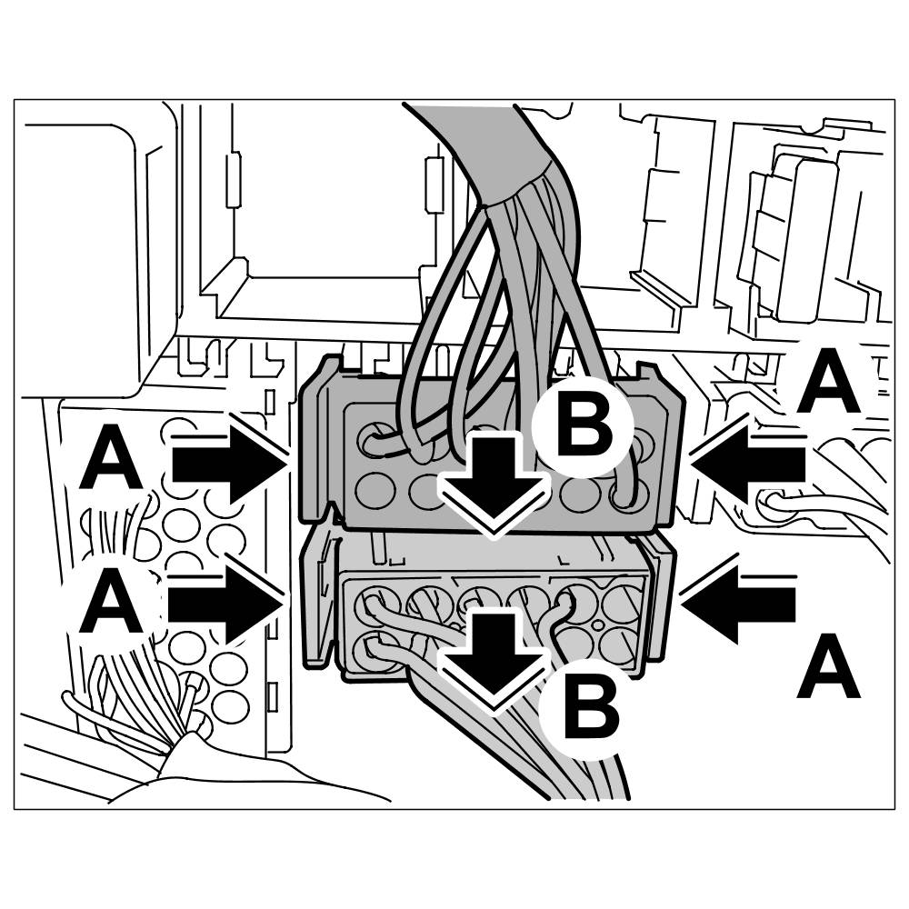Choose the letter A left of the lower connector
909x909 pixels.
[112, 607]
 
